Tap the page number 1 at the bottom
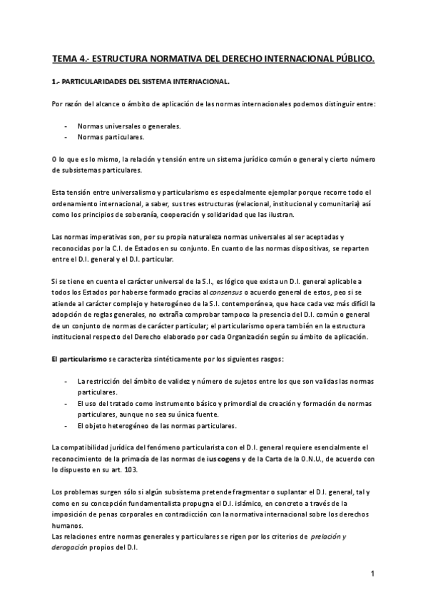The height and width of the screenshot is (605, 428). tap(372, 574)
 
